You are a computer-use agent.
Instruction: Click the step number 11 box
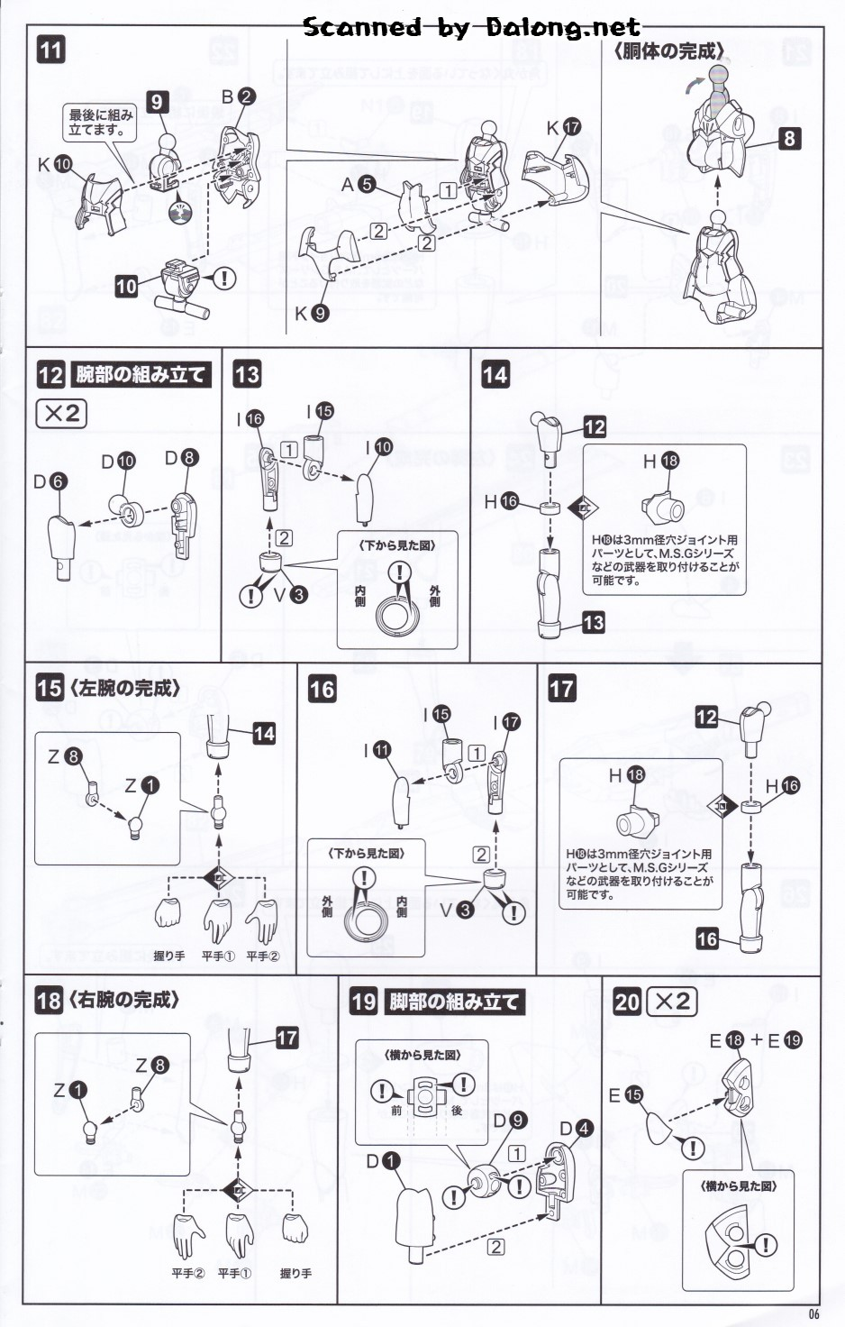[50, 49]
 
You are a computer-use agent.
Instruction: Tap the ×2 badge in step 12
[61, 414]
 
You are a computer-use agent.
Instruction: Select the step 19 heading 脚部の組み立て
[454, 1002]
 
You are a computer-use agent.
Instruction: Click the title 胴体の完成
[669, 51]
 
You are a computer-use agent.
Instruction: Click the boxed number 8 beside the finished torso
[789, 138]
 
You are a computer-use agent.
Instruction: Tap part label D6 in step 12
[50, 481]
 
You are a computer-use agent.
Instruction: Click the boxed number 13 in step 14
[594, 622]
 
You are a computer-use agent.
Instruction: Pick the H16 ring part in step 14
[550, 508]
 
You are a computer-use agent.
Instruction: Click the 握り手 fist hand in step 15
[168, 913]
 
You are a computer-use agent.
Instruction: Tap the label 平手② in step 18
[187, 1273]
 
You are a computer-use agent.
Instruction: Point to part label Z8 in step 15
[64, 756]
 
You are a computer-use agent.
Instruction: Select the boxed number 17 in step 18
[286, 1038]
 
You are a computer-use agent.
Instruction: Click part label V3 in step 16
[456, 910]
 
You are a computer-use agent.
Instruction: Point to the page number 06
[813, 1313]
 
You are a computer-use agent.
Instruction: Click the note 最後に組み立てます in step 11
[101, 122]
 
